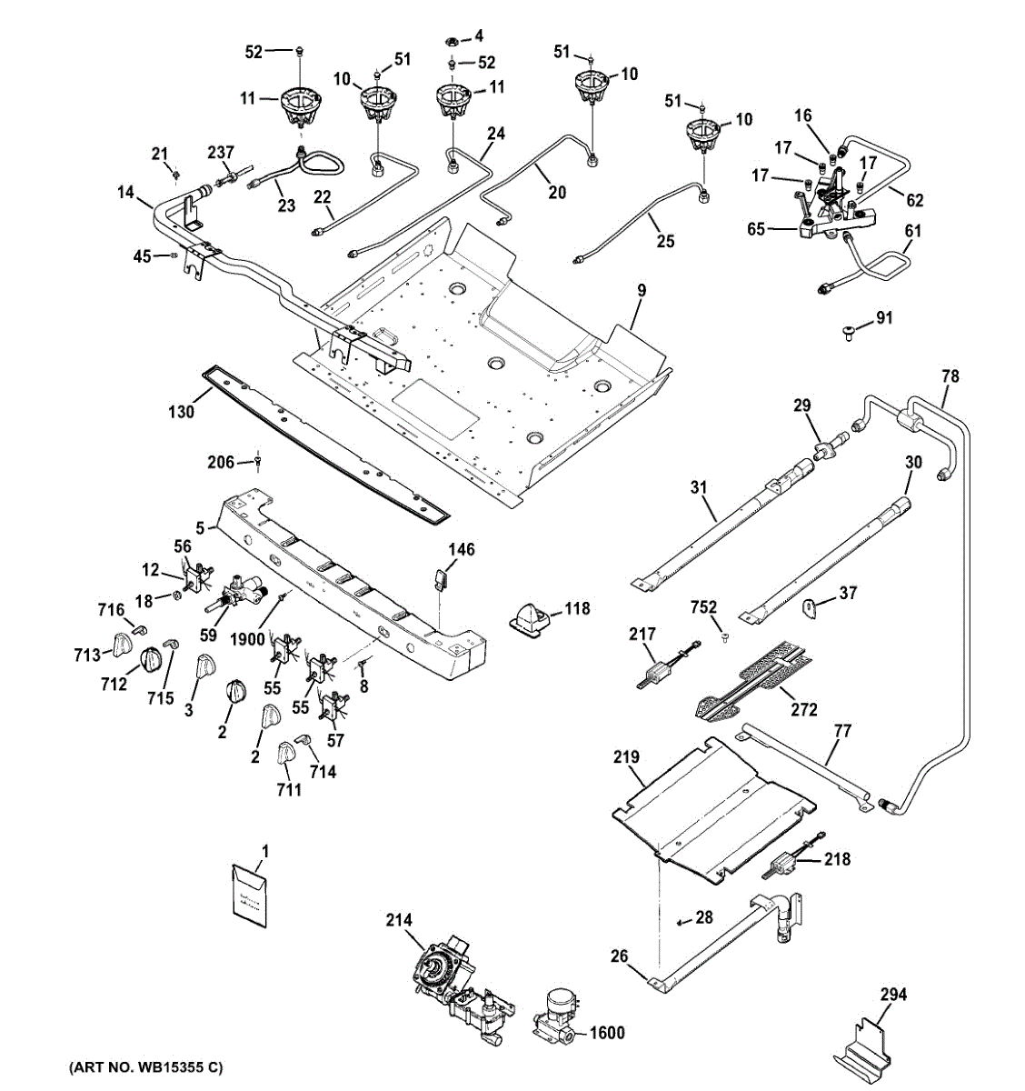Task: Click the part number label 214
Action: (398, 921)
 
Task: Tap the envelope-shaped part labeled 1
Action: (249, 897)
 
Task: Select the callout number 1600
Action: (607, 1033)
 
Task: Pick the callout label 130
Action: (181, 412)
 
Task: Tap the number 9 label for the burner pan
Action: (642, 291)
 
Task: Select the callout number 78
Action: (950, 375)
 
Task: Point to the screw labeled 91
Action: (847, 333)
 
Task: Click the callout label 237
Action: (221, 152)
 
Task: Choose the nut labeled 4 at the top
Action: (451, 41)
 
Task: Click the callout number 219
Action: (626, 756)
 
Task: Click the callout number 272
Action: (804, 709)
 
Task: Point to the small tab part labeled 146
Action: (442, 578)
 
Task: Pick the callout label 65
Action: (756, 228)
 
